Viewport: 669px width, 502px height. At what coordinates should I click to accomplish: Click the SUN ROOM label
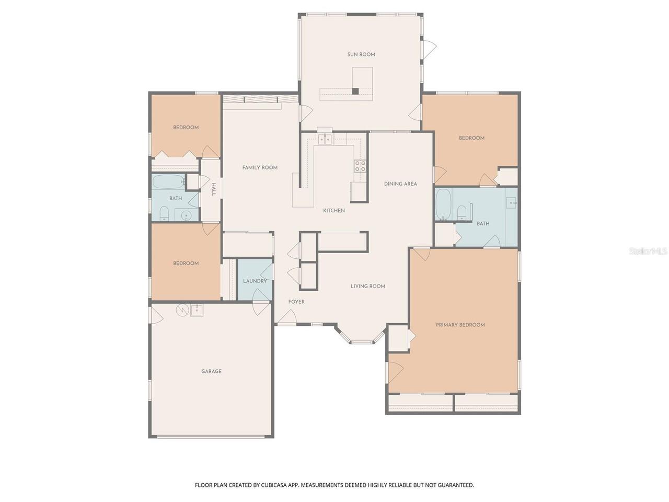pos(361,54)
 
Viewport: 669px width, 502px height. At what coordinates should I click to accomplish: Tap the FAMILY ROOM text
pos(260,168)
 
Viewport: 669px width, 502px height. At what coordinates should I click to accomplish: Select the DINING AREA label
pos(400,184)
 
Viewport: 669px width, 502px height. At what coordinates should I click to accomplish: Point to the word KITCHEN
pos(334,211)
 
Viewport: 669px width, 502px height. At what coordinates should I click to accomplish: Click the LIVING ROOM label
pos(367,286)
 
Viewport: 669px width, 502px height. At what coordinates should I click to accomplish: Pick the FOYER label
pos(296,302)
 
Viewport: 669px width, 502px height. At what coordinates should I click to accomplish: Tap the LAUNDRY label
pos(255,281)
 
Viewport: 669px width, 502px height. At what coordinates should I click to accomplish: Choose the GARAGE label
pos(211,371)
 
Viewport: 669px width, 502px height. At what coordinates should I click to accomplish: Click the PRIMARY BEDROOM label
pos(460,325)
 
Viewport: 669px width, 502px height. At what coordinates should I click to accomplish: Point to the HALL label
pos(214,189)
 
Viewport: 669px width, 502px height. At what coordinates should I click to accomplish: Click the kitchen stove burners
pos(360,166)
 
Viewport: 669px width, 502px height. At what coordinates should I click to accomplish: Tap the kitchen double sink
pos(325,139)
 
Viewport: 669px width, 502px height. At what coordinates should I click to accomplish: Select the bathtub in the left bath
pos(168,181)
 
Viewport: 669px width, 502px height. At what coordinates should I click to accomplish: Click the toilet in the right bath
pos(462,212)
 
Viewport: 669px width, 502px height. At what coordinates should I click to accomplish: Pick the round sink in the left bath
pos(186,216)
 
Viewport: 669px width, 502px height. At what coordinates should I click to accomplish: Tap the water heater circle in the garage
pos(182,310)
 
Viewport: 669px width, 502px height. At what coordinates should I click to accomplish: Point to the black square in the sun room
pos(355,91)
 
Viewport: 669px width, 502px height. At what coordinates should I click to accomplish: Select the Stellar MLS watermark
pos(648,251)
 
